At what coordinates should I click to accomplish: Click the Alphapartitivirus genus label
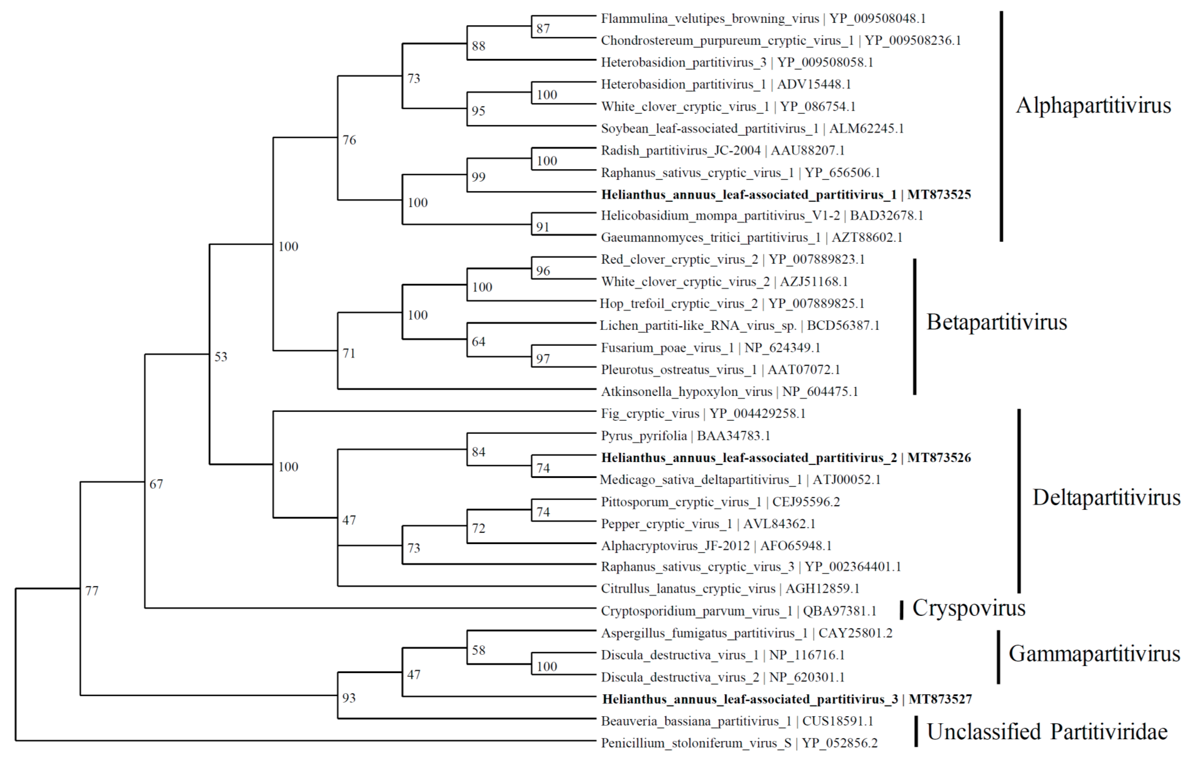1093,105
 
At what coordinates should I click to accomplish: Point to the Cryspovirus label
968,608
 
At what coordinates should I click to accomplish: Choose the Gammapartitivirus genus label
1094,654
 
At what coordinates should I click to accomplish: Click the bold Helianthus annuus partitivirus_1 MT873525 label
786,195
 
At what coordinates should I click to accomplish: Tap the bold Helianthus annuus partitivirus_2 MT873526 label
786,458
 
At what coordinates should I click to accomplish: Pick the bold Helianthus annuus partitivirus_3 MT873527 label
786,699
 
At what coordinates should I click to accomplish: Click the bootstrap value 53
221,357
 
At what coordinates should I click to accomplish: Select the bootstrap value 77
92,591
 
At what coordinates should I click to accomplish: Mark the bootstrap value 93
349,698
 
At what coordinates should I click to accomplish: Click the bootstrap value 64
478,342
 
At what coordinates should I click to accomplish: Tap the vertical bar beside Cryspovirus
901,610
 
